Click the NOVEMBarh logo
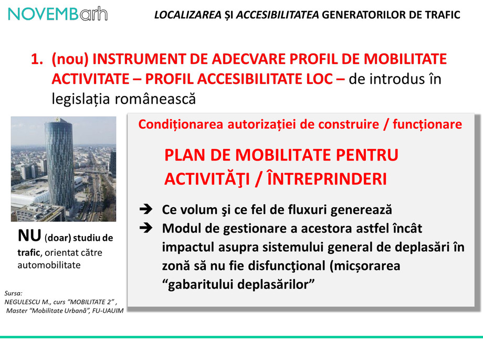(58, 14)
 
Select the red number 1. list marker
(38, 59)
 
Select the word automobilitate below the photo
(49, 265)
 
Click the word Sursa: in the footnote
(13, 294)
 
